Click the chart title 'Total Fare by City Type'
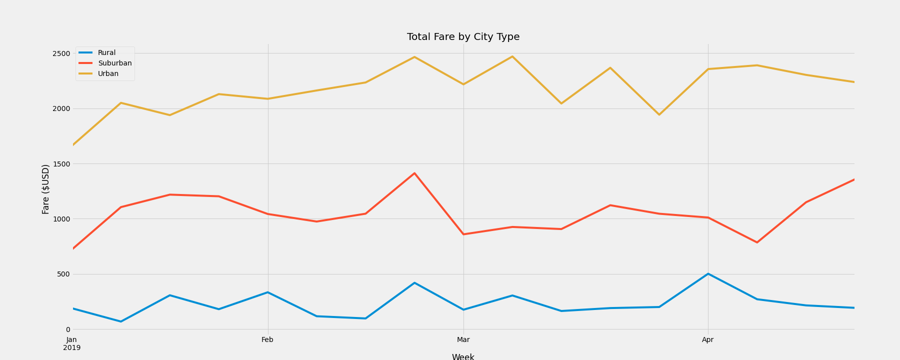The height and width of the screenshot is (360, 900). [463, 37]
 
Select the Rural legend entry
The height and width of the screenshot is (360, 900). [106, 53]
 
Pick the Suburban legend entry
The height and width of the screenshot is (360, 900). [114, 63]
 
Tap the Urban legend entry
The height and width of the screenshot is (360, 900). [108, 74]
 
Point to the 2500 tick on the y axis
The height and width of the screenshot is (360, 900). [61, 53]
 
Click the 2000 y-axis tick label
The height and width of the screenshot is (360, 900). [61, 108]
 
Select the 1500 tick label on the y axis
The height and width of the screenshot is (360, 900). [61, 164]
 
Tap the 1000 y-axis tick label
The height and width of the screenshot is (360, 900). [61, 219]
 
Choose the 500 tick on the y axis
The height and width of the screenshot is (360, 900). [63, 274]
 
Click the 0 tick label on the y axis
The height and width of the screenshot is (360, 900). [68, 329]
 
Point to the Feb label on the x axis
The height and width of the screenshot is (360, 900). [267, 340]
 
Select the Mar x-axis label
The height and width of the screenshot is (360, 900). [463, 340]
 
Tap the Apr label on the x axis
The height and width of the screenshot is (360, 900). [707, 340]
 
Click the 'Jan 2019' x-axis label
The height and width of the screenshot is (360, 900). [72, 343]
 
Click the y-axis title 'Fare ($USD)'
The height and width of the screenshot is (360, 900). [45, 189]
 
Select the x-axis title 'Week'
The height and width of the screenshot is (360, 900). [463, 356]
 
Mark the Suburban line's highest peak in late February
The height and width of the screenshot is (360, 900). [414, 173]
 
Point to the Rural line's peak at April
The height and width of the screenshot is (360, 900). [708, 274]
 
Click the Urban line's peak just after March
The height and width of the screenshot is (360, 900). [512, 56]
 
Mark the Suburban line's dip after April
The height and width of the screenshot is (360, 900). [757, 242]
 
